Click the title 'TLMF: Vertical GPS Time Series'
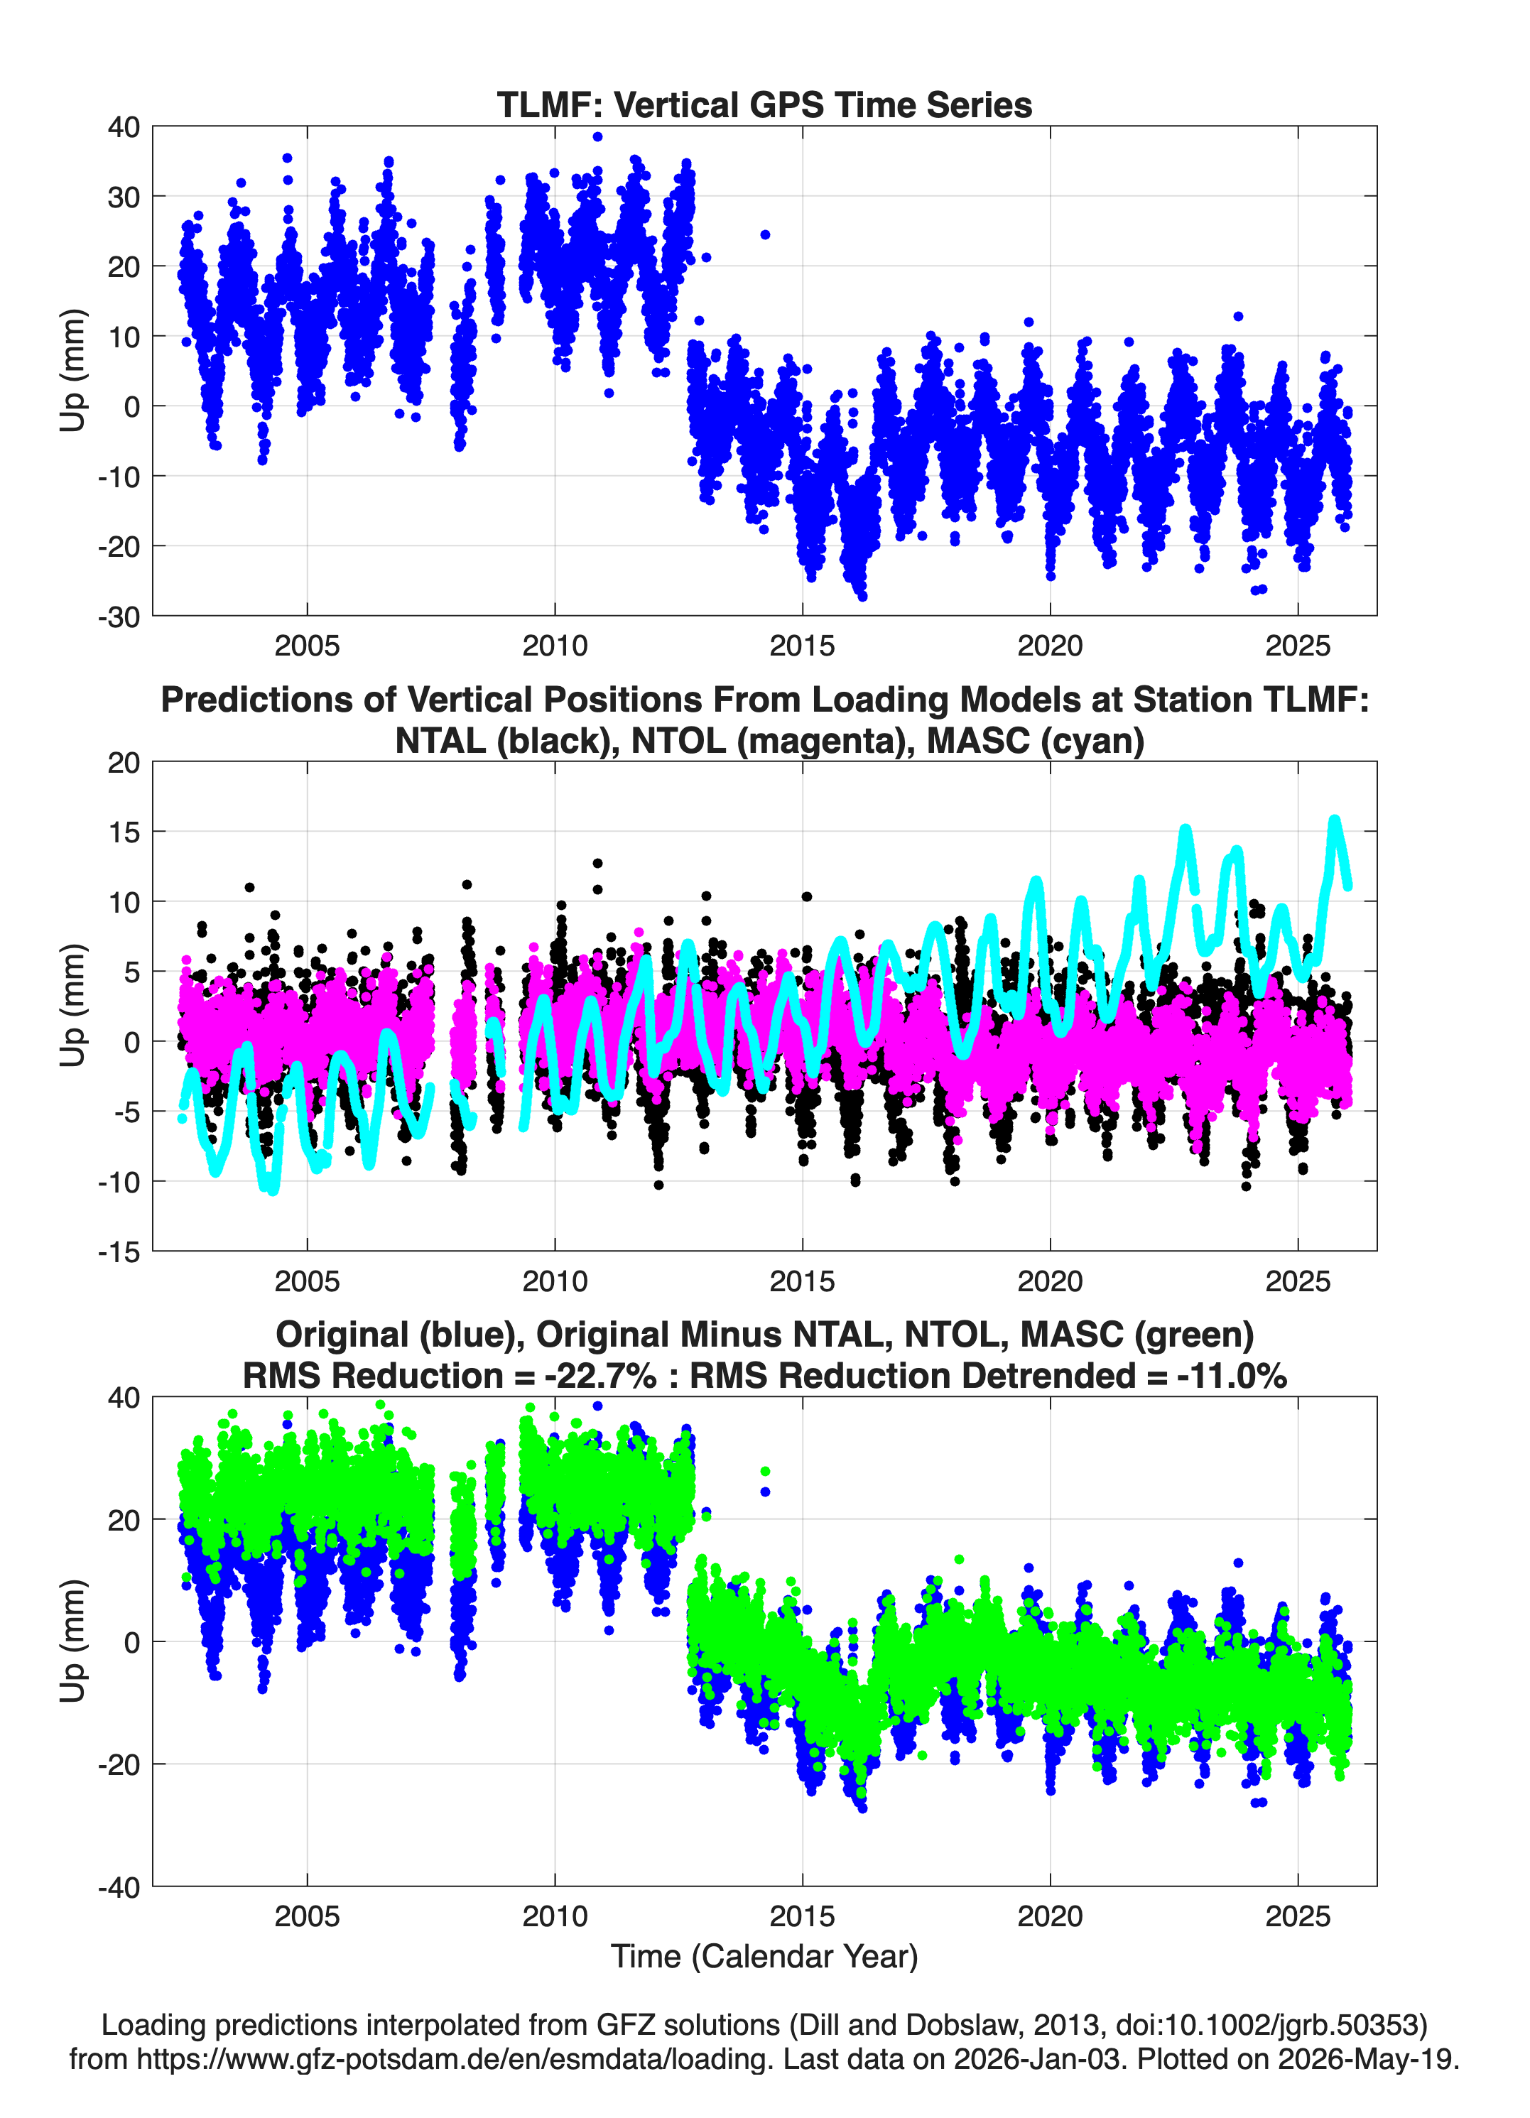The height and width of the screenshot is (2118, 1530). click(764, 104)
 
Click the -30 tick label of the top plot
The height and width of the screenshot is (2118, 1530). click(119, 617)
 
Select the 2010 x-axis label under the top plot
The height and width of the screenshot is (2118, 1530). click(555, 646)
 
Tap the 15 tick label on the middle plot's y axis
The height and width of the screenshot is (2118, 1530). click(124, 831)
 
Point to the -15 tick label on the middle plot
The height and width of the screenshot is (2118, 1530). click(119, 1251)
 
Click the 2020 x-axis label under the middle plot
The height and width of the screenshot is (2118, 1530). click(1050, 1281)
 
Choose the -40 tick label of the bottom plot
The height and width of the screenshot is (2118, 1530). click(119, 1887)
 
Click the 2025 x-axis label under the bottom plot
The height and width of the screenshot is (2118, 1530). click(1298, 1916)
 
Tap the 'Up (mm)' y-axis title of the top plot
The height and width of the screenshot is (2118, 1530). click(73, 371)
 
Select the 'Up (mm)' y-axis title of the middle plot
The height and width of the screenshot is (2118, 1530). click(73, 1006)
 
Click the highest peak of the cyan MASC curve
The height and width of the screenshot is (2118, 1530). click(1335, 820)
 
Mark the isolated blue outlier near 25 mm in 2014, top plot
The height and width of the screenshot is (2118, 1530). click(765, 234)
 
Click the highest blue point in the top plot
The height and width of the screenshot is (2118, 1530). click(598, 136)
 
